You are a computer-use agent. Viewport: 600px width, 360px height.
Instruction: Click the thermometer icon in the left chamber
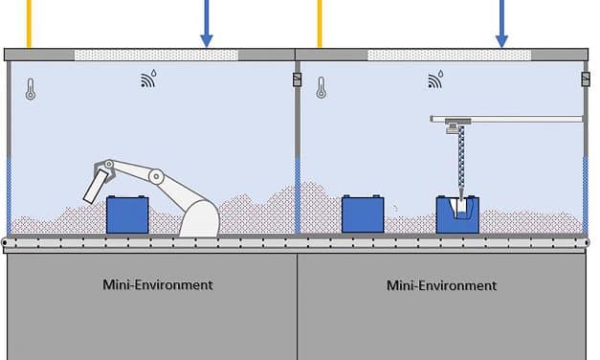[x=31, y=90]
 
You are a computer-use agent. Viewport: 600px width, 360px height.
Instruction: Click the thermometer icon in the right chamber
[x=321, y=88]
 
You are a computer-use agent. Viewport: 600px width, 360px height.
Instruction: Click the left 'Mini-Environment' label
[x=157, y=285]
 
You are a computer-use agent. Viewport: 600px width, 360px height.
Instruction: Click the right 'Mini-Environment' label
[x=441, y=285]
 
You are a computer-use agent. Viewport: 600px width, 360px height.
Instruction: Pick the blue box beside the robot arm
[x=128, y=214]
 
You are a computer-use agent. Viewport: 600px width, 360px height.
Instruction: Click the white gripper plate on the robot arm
[x=96, y=184]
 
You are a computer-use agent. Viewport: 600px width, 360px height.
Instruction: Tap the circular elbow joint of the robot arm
[x=156, y=176]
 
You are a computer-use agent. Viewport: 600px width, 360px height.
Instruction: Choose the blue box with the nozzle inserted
[x=456, y=215]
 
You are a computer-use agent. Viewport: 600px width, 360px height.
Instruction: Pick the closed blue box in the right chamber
[x=363, y=214]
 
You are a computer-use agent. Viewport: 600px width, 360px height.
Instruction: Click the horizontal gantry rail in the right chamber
[x=507, y=119]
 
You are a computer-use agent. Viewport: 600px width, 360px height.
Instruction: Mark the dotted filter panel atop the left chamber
[x=156, y=55]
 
